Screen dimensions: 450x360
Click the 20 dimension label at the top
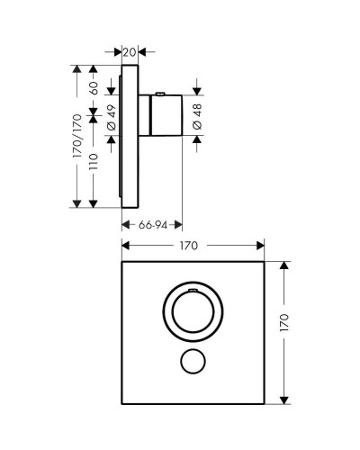(130, 52)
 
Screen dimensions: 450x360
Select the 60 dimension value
(93, 88)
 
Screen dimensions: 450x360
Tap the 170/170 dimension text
(77, 135)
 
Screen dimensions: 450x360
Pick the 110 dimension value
(93, 167)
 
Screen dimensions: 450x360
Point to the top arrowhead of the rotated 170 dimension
(284, 265)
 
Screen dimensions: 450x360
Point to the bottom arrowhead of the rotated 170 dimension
(284, 396)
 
